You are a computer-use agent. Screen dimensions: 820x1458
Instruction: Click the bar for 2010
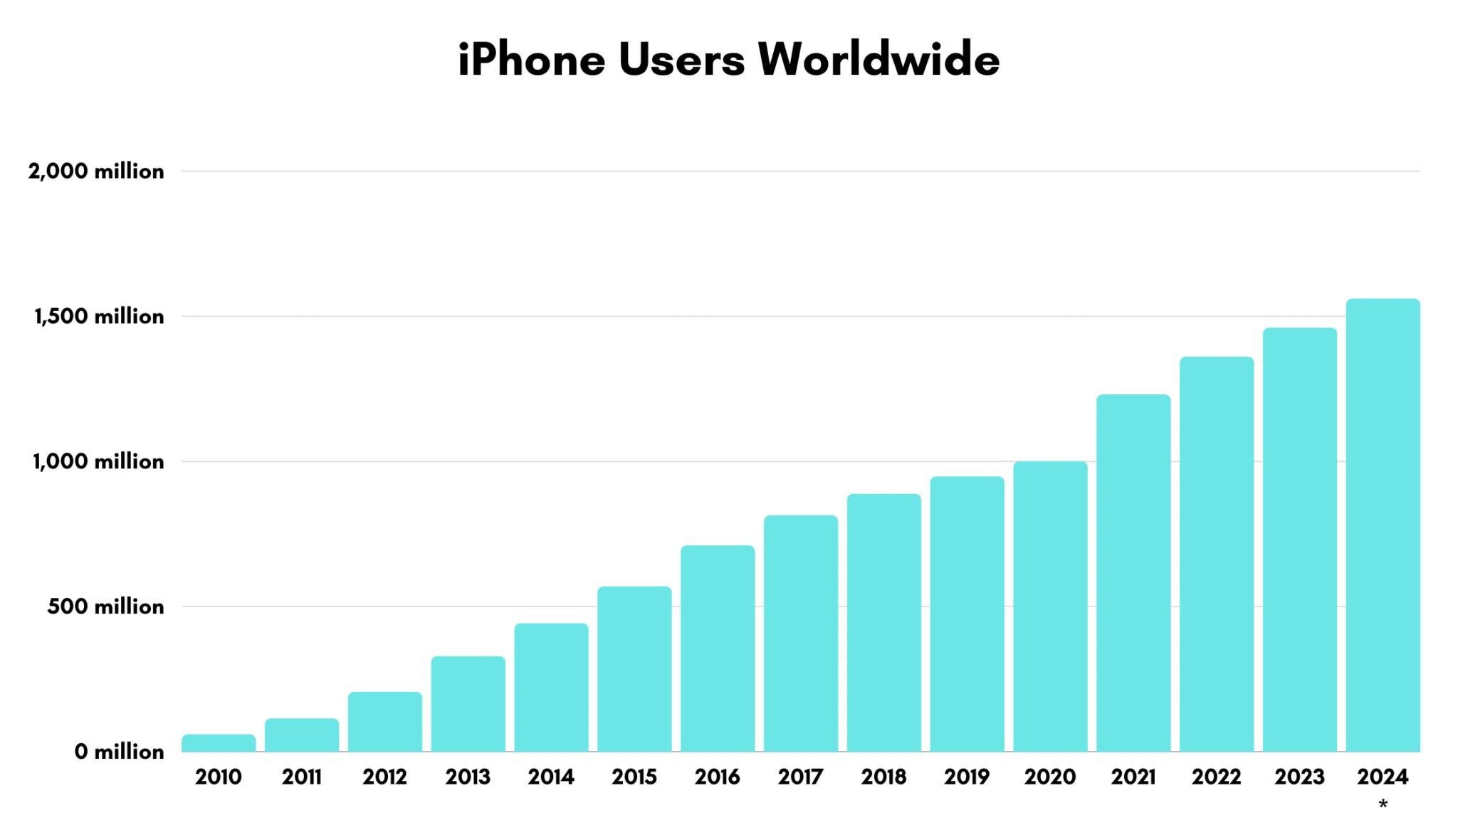pos(219,743)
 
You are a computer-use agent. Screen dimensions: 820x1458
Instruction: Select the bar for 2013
pos(468,704)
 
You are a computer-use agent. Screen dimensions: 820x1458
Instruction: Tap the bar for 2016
pos(718,648)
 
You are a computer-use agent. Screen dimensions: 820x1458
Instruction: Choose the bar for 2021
pos(1133,573)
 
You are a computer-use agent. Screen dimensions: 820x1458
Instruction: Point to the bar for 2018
pos(883,623)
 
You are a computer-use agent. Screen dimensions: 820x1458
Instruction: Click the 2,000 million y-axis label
pos(96,172)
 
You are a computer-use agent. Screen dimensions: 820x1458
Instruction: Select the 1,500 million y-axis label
pos(99,317)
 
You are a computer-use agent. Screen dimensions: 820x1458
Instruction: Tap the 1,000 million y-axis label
pos(98,462)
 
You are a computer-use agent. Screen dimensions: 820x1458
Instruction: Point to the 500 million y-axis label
pos(105,607)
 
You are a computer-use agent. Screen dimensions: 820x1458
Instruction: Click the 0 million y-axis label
pos(119,752)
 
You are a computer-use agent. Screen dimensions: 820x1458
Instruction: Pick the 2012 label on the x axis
pos(384,777)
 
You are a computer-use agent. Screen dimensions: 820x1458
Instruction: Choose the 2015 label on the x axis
pos(634,777)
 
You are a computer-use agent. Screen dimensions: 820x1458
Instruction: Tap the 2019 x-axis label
pos(967,777)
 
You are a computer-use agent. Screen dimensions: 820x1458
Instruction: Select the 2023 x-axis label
pos(1299,777)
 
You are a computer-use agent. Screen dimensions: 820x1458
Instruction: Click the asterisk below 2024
pos(1383,805)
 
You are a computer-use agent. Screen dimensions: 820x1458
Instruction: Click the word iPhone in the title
pos(531,60)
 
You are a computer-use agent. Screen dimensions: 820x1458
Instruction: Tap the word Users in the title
pos(681,60)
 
